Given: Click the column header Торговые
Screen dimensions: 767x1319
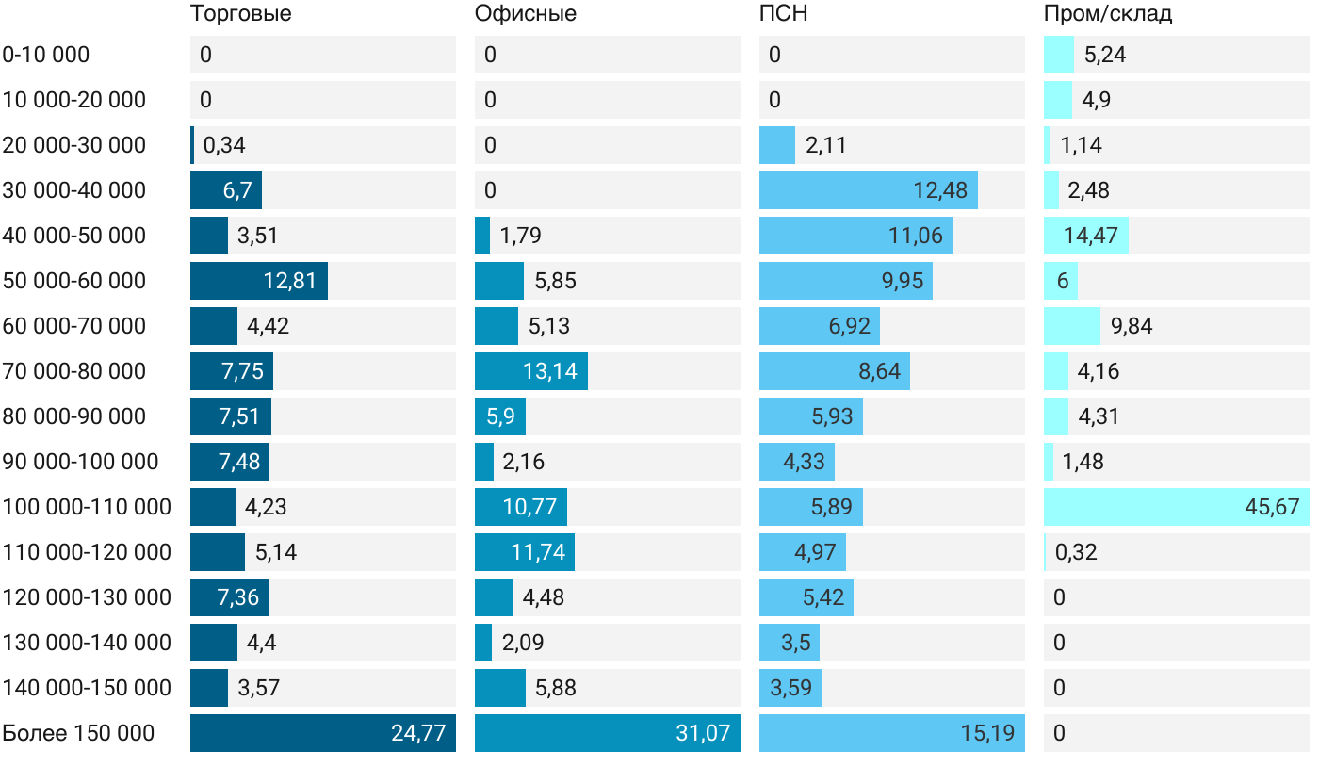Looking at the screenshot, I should pos(240,14).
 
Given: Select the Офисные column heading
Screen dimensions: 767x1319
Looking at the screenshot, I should pos(526,14).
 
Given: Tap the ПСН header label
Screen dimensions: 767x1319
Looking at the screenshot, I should pos(784,14).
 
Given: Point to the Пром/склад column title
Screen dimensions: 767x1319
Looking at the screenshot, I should pos(1108,14).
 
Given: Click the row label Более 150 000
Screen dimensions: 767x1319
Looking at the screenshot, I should pos(78,733).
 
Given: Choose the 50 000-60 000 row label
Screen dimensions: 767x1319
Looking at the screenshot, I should pos(74,281).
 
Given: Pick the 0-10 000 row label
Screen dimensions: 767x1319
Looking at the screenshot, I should pos(46,55).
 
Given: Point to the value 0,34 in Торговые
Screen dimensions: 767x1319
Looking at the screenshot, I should pos(224,145).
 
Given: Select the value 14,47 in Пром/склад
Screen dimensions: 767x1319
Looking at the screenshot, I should pos(1091,236).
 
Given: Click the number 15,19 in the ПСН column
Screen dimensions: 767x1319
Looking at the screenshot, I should pos(987,733).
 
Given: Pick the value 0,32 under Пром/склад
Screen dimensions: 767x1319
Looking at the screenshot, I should pos(1076,552).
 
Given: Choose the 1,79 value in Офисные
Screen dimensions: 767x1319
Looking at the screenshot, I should pos(521,236).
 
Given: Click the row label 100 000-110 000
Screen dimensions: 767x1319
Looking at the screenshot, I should pos(87,507).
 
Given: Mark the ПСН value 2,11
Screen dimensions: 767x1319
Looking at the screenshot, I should pos(826,145).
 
